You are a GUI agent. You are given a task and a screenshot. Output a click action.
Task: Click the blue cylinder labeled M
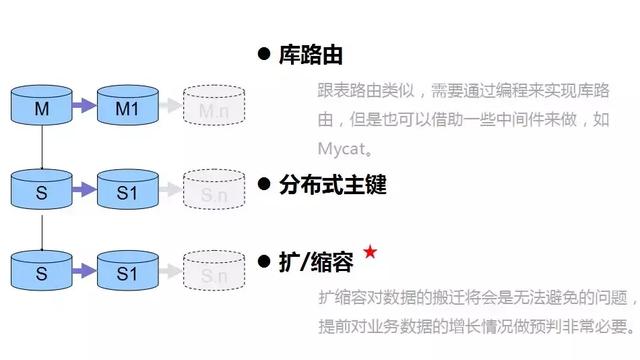41,106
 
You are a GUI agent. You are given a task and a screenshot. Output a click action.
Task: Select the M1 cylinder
127,106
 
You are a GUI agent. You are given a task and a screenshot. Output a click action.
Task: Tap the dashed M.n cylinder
214,108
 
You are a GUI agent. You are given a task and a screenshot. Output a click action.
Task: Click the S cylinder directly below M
41,191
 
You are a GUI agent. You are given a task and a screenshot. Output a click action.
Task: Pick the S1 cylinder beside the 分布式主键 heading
127,191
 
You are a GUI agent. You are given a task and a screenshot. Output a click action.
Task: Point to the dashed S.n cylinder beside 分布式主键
214,193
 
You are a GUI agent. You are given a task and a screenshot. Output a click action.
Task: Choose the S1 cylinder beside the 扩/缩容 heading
127,273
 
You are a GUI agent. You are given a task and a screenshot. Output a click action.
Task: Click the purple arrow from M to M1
83,104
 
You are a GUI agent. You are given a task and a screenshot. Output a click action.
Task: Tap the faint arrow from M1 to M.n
169,105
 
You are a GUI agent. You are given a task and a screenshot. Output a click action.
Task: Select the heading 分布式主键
332,184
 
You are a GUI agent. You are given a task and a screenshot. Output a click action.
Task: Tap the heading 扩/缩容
317,263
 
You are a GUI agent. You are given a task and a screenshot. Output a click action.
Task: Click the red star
369,253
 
